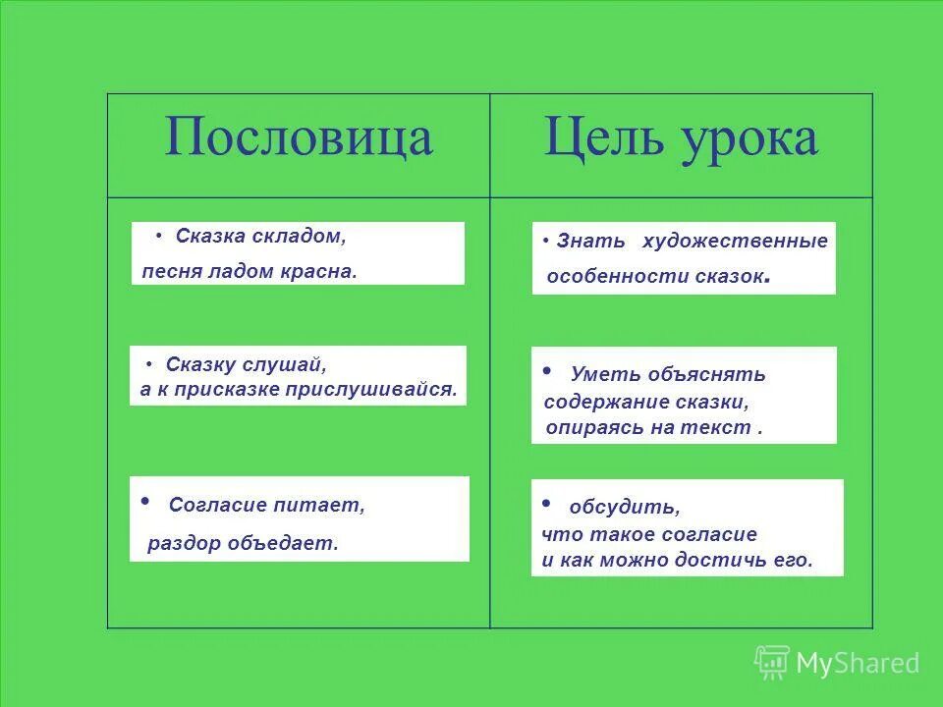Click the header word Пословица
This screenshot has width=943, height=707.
coord(299,138)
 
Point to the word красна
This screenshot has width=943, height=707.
coord(323,271)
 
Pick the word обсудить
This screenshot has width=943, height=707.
coord(624,508)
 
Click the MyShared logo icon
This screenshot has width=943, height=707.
coord(772,663)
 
